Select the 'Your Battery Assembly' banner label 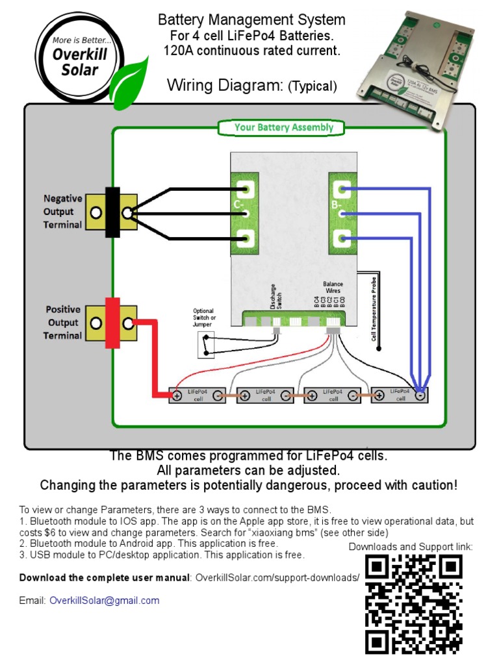(284, 127)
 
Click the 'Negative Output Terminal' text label (62, 212)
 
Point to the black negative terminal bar (112, 212)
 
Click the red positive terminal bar (112, 323)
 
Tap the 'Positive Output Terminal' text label (62, 323)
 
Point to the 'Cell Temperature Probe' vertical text (374, 308)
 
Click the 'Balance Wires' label (333, 288)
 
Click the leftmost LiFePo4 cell (198, 395)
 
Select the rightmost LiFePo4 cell (399, 395)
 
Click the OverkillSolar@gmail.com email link (104, 601)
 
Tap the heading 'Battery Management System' (251, 20)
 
